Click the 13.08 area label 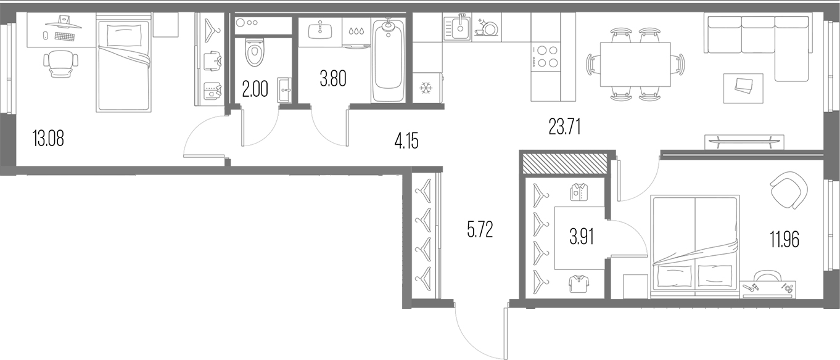click(x=48, y=138)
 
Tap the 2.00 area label click(x=255, y=89)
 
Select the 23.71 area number click(x=565, y=126)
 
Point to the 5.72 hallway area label click(x=480, y=229)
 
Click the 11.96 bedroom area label click(x=784, y=239)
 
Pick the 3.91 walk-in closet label click(x=582, y=237)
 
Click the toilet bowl click(x=255, y=52)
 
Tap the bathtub click(x=389, y=60)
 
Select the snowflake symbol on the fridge click(x=426, y=89)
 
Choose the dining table click(x=635, y=64)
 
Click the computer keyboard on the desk click(x=65, y=36)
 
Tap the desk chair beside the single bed click(x=61, y=63)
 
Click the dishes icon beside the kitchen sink click(x=487, y=28)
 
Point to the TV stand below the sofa click(x=742, y=142)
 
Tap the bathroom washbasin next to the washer click(x=320, y=30)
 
